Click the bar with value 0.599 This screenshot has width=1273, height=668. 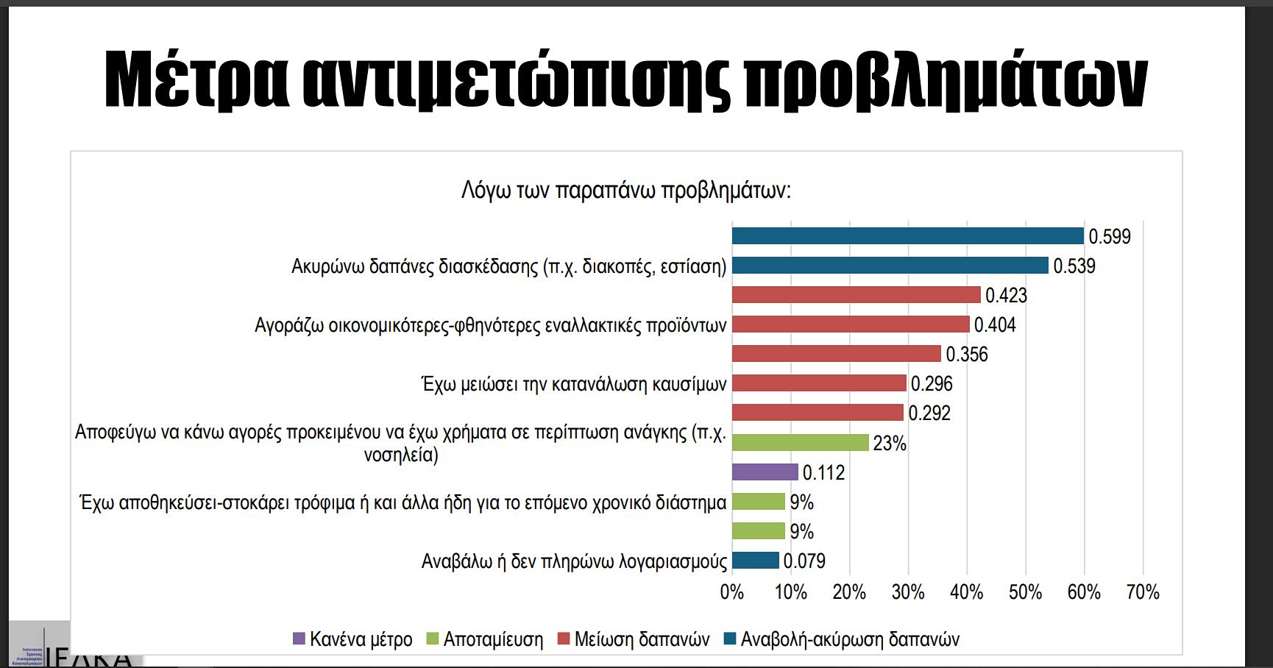[x=907, y=236]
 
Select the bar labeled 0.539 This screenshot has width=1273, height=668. [x=890, y=266]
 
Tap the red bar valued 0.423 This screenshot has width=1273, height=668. [x=856, y=295]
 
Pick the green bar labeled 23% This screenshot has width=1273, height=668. [x=800, y=443]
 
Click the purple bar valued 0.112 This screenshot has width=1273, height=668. [x=765, y=472]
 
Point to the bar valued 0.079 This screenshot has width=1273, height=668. [x=755, y=561]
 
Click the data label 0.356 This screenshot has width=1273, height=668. [x=966, y=355]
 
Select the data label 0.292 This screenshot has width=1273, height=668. [x=929, y=413]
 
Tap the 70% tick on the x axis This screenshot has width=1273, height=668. [x=1142, y=592]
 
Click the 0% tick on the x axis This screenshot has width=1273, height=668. [x=732, y=592]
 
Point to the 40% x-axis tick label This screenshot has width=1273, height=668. [x=966, y=592]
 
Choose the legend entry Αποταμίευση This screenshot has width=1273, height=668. [x=485, y=639]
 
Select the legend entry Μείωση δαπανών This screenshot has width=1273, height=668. [x=634, y=639]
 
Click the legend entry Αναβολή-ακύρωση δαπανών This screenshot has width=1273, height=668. [x=842, y=639]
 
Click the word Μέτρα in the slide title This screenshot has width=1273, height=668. [x=196, y=79]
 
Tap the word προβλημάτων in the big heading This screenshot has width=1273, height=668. [x=946, y=79]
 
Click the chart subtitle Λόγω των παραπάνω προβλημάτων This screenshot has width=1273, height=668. [x=625, y=191]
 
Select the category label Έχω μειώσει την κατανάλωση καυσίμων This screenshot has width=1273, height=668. [x=574, y=384]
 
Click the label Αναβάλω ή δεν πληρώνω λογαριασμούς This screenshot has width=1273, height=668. [x=574, y=561]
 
